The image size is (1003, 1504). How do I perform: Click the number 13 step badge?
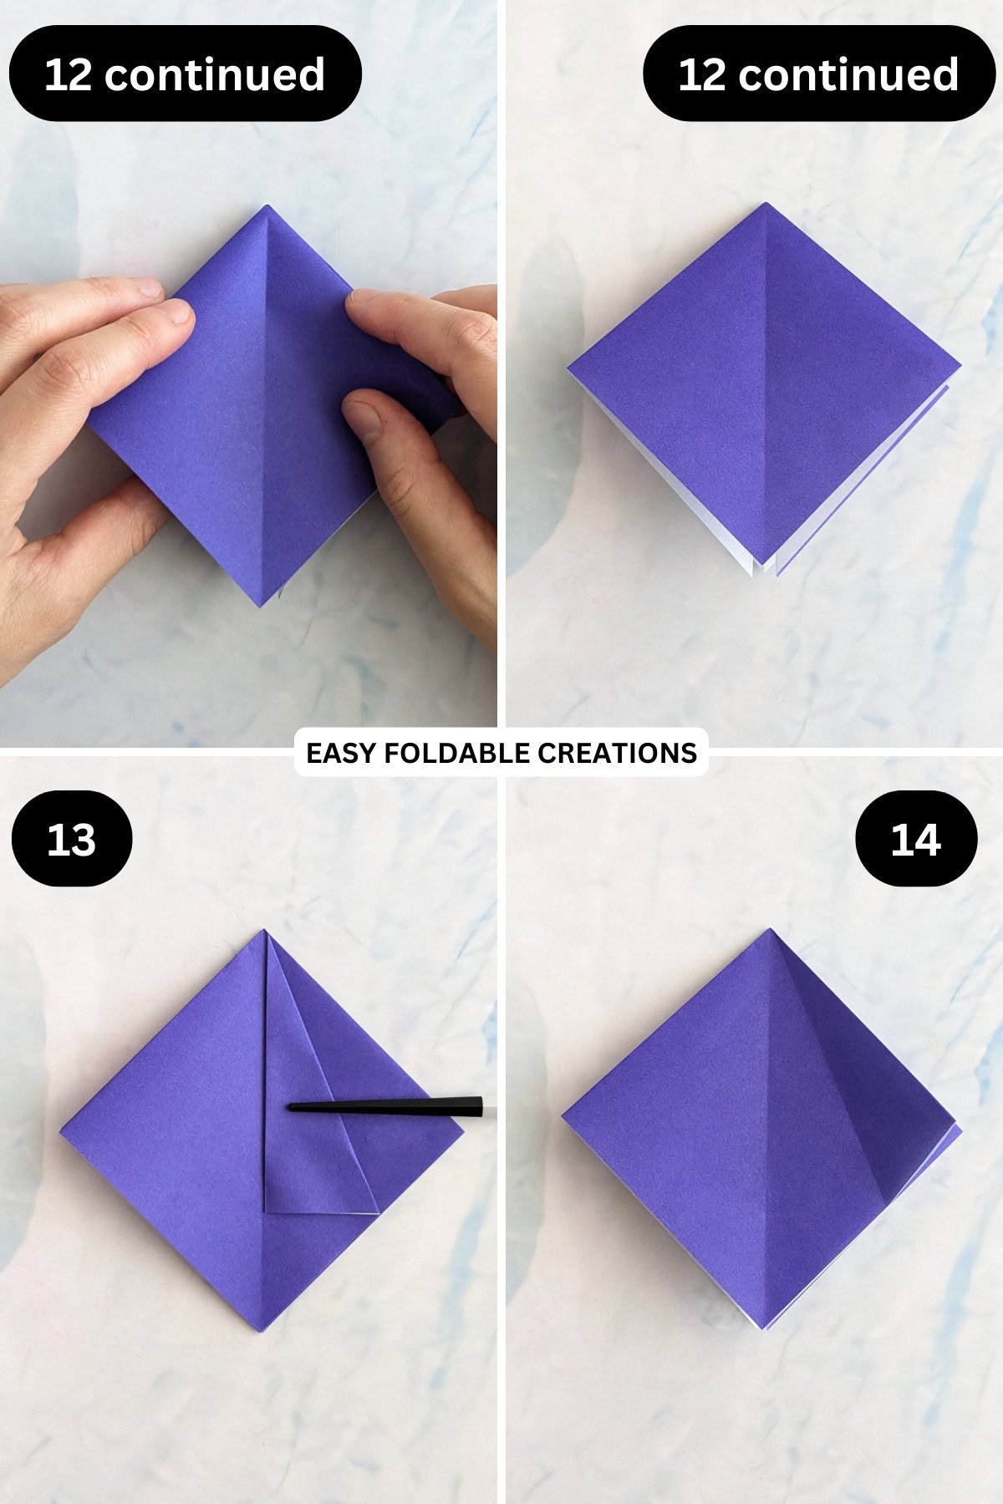(72, 839)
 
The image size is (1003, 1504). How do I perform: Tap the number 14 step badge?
(916, 839)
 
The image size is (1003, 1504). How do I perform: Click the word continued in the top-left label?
(215, 74)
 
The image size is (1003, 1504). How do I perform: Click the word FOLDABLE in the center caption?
(445, 753)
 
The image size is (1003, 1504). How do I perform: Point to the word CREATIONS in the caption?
(617, 753)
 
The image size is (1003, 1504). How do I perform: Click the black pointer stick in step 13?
(393, 1106)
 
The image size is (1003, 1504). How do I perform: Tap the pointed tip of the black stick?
(290, 1107)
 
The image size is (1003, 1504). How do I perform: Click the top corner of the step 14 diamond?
(771, 930)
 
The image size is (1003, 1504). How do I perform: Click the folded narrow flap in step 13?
(309, 1120)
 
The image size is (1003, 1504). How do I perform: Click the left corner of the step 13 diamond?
(61, 1131)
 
